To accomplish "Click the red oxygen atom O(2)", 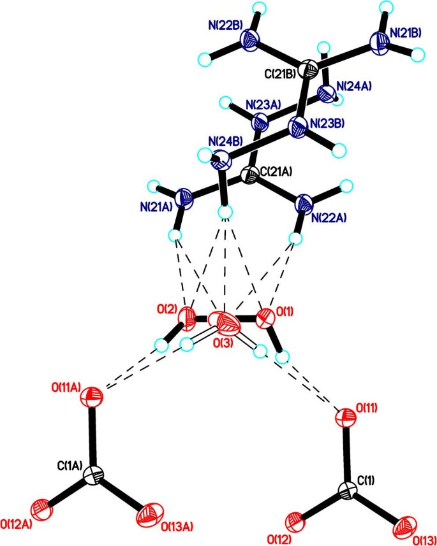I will point(188,315).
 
